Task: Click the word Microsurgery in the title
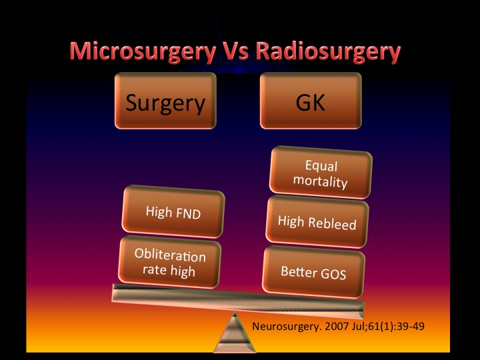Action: pyautogui.click(x=143, y=51)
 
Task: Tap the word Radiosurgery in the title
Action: pyautogui.click(x=328, y=51)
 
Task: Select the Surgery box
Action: pyautogui.click(x=165, y=101)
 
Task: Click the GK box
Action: pyautogui.click(x=311, y=101)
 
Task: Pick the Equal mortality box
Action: pyautogui.click(x=321, y=173)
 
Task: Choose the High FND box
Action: pyautogui.click(x=173, y=211)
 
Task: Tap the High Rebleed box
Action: pyautogui.click(x=317, y=221)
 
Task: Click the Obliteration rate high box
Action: pyautogui.click(x=169, y=263)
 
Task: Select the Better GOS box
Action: pyautogui.click(x=314, y=272)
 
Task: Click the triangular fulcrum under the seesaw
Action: pyautogui.click(x=235, y=333)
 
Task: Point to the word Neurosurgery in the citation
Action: pyautogui.click(x=287, y=326)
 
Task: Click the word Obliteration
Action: pyautogui.click(x=170, y=255)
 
